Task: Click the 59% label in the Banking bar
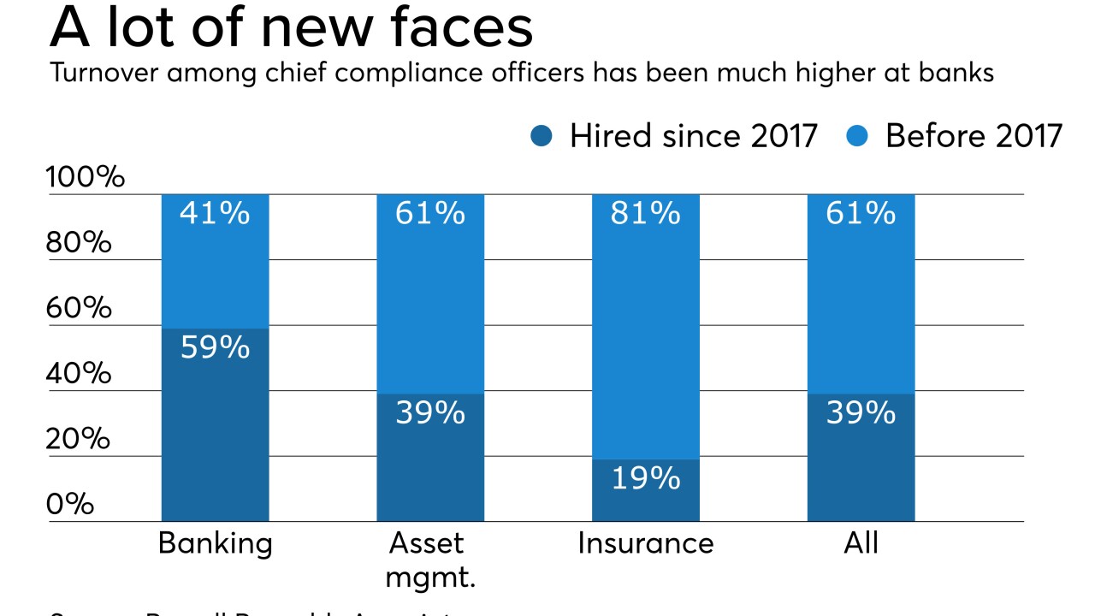point(215,347)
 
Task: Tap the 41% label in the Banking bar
point(215,213)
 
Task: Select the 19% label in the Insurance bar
point(645,478)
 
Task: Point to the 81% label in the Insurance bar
point(645,213)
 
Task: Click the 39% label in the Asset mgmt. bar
point(430,413)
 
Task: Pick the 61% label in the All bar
point(861,213)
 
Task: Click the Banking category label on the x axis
point(215,544)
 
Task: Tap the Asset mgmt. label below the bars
point(430,560)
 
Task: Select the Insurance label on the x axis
point(645,544)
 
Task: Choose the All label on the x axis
point(861,544)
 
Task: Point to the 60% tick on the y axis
point(79,308)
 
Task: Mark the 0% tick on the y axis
point(69,504)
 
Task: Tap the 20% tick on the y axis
point(79,439)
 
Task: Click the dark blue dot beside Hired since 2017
point(542,136)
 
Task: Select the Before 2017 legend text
point(974,136)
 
